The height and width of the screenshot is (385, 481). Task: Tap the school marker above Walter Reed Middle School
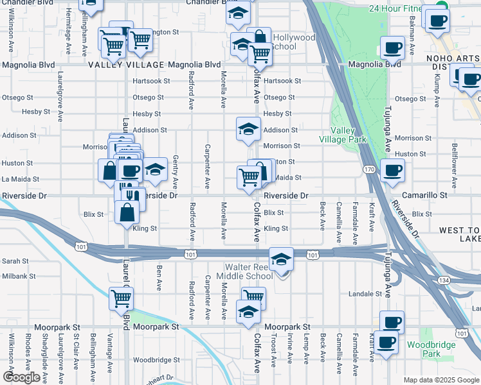pos(281,259)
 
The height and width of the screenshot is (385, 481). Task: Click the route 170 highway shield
pos(368,169)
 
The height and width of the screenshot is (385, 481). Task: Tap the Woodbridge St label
pos(152,360)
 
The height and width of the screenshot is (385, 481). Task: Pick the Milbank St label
pos(18,276)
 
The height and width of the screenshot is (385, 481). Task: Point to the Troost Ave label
pos(274,350)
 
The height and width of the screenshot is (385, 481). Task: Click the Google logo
pos(21,377)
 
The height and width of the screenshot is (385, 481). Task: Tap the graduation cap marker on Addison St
pos(248,129)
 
